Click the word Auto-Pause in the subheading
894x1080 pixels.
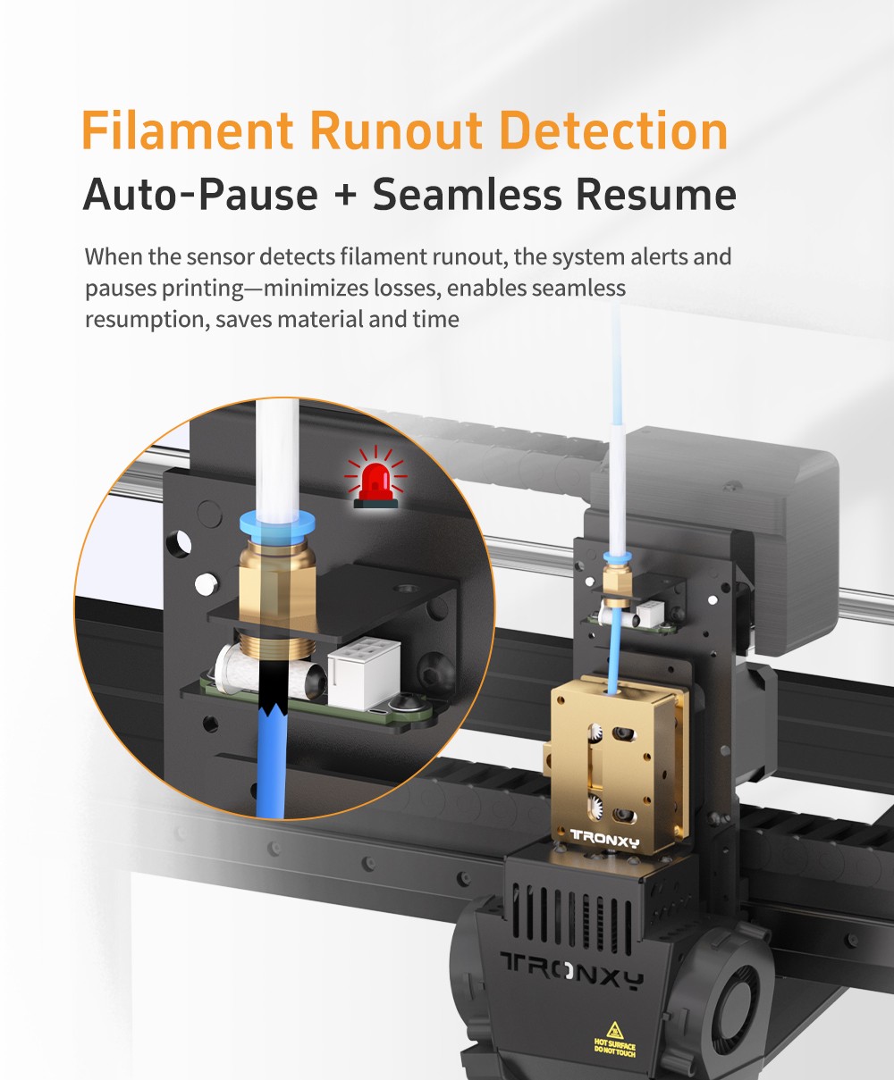(x=200, y=194)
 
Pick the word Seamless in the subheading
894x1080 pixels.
(x=467, y=194)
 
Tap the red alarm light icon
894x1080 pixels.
(x=375, y=478)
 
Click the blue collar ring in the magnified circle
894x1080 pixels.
(x=277, y=524)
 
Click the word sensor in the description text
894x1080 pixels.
(x=220, y=256)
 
